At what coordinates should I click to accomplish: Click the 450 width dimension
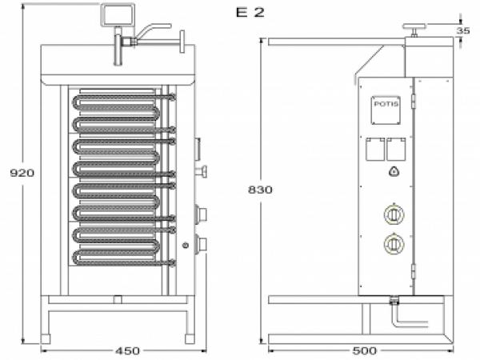tap(127, 350)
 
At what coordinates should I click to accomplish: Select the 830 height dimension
tap(261, 190)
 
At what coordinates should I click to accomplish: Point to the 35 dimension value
tap(464, 30)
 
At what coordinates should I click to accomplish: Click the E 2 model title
tap(250, 12)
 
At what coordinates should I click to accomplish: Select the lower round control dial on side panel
tap(393, 244)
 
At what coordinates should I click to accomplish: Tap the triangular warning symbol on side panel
tap(393, 171)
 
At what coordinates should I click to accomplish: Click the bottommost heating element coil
tap(120, 257)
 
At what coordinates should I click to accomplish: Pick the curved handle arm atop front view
tap(153, 30)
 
